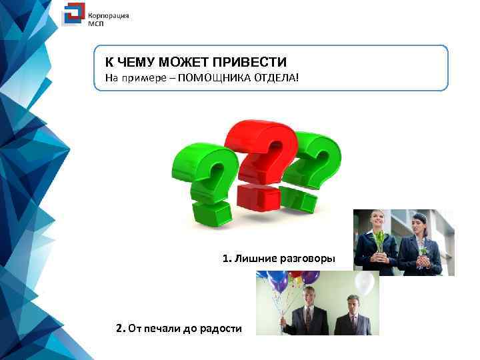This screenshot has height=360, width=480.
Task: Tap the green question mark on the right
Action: click(x=313, y=167)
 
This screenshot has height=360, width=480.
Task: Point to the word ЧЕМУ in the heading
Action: click(x=136, y=63)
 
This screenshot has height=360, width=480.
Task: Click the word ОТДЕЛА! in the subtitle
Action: click(x=274, y=79)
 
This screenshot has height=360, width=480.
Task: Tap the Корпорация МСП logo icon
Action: click(x=73, y=15)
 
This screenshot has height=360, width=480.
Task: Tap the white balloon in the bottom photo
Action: click(x=364, y=283)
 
